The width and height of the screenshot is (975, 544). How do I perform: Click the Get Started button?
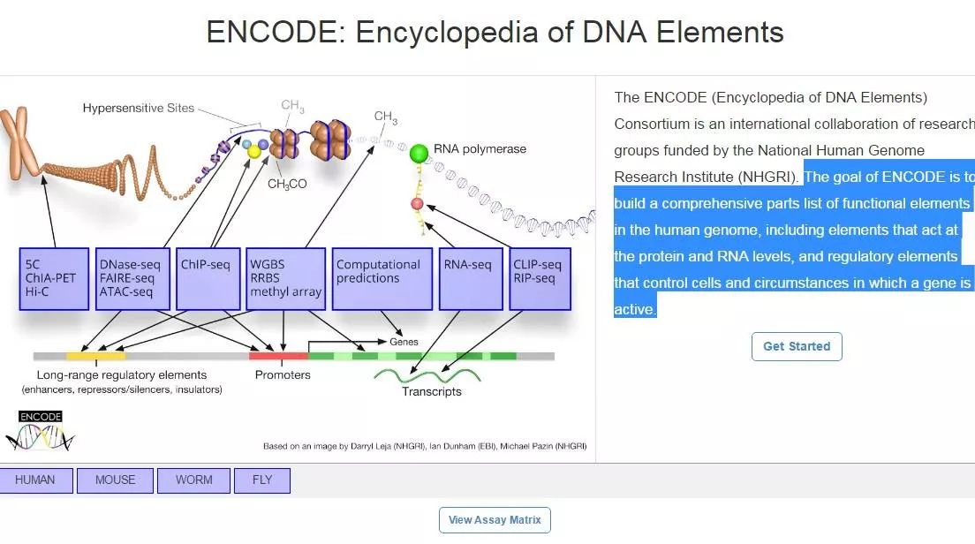pos(797,346)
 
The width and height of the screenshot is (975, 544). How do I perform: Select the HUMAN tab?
pos(35,480)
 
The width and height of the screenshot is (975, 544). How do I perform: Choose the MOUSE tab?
pos(116,480)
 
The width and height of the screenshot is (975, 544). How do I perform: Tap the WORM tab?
pos(193,480)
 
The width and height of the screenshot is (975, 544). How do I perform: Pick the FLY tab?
pos(262,480)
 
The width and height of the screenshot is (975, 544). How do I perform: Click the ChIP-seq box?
pos(208,278)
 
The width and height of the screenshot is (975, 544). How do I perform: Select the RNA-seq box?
pos(471,278)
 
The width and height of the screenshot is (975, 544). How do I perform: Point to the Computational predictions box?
pos(382,278)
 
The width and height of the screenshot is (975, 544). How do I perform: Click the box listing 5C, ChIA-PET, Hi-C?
pos(55,278)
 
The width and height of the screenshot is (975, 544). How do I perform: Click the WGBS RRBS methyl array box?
pos(285,278)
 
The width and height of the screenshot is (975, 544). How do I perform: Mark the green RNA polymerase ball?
pos(419,154)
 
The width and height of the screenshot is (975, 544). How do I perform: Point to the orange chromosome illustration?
pos(26,146)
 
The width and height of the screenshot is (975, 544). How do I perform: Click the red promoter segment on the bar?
pos(278,356)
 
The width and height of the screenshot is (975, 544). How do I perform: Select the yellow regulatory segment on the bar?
pos(95,356)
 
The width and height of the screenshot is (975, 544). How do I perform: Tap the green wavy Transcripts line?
pos(430,376)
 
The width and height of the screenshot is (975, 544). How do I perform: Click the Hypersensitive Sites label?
pos(139,109)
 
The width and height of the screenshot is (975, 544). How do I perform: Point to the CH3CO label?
pos(287,184)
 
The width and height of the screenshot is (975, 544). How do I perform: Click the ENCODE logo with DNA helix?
pos(41,430)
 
